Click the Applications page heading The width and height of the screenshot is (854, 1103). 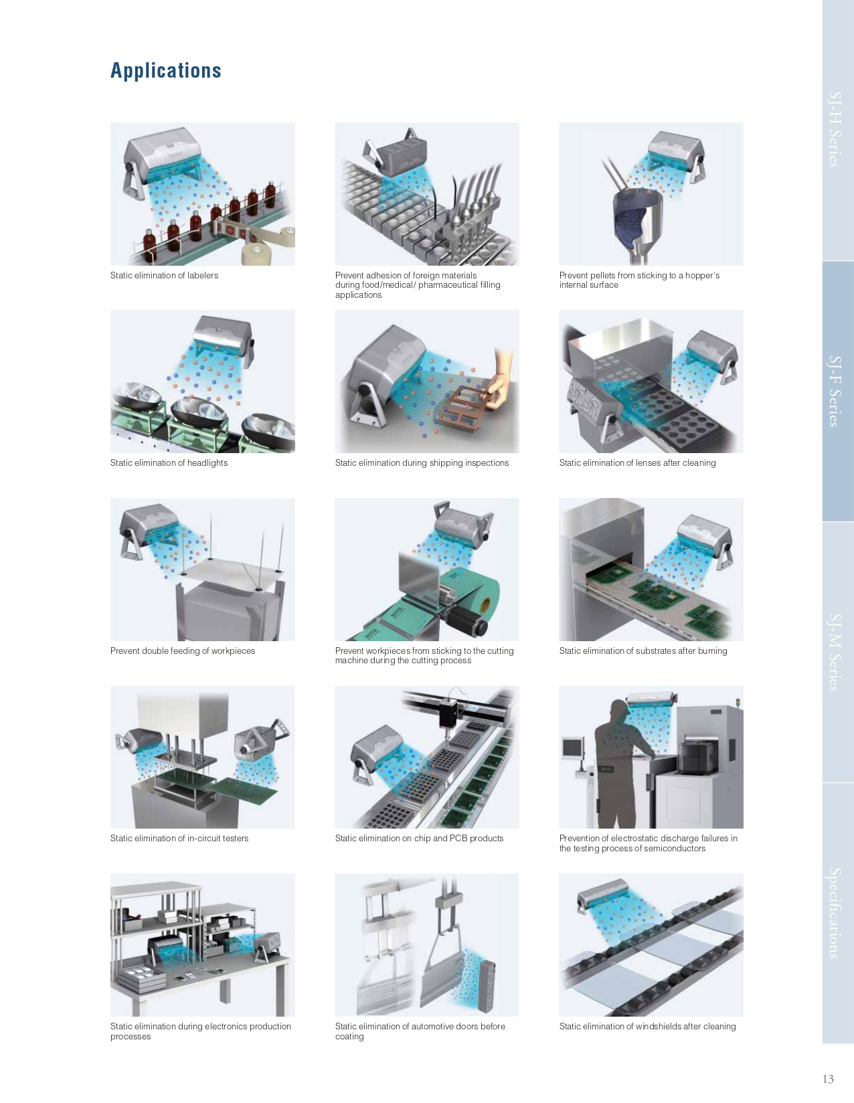click(x=165, y=70)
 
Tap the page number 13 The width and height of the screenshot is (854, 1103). click(x=828, y=1079)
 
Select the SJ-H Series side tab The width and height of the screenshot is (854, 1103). click(x=834, y=129)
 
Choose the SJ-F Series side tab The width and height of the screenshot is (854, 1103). click(x=834, y=391)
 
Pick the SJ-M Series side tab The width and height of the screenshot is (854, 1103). click(x=834, y=653)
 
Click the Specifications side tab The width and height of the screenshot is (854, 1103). click(x=834, y=914)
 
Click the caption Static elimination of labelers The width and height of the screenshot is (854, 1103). click(x=165, y=275)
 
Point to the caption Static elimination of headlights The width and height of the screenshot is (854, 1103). click(x=169, y=462)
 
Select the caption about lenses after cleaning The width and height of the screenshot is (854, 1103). click(x=637, y=462)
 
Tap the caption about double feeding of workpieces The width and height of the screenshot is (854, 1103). click(x=183, y=651)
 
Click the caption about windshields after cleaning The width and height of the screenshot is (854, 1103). click(x=647, y=1026)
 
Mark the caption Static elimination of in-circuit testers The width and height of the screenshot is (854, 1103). click(x=179, y=838)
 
